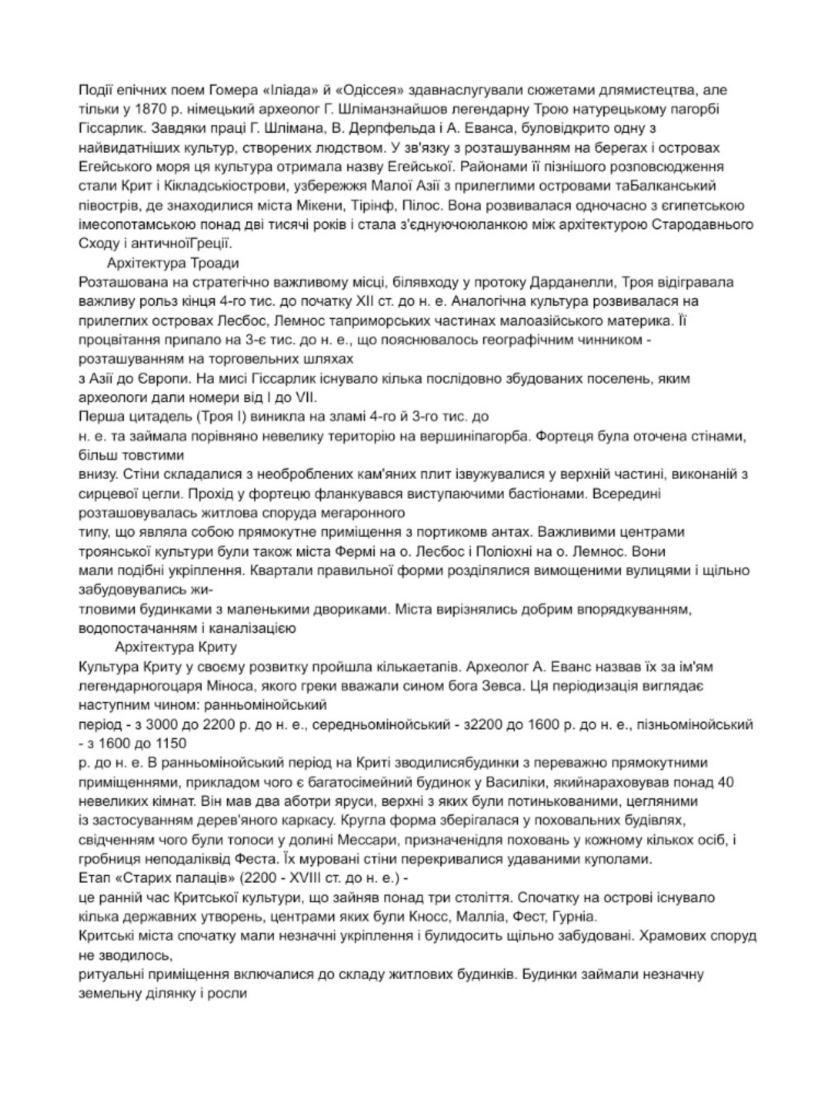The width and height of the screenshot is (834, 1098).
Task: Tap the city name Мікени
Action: click(314, 206)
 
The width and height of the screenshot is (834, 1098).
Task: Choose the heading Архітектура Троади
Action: click(173, 263)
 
